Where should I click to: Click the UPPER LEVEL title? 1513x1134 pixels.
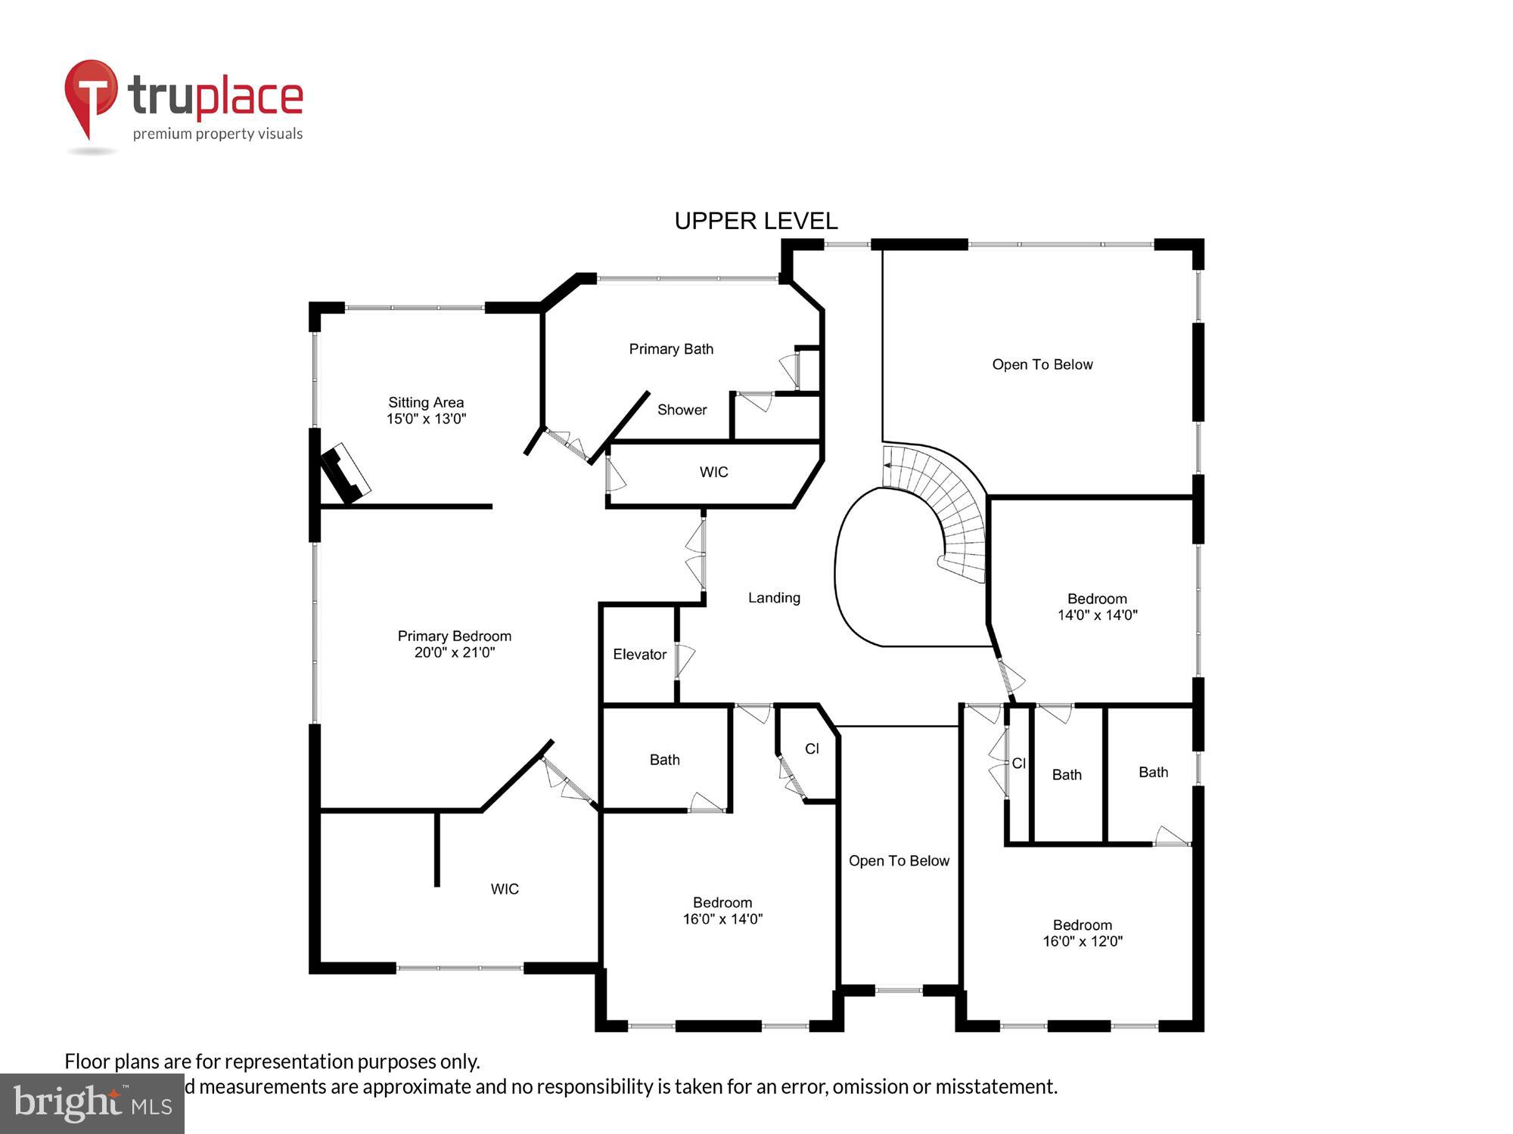pos(756,221)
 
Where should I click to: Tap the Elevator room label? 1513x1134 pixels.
pos(639,655)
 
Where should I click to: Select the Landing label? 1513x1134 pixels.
pos(774,598)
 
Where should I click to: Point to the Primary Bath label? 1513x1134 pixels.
pos(671,349)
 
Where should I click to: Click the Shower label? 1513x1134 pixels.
pos(682,410)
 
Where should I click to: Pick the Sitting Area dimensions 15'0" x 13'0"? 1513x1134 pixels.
pos(426,419)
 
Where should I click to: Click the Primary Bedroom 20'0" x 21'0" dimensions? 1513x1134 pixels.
pos(454,652)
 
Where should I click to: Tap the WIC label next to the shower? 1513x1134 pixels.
pos(713,472)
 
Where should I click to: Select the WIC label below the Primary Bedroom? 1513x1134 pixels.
pos(505,889)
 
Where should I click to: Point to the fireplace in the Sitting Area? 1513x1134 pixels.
pos(345,473)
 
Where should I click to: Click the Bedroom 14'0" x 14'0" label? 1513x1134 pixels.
pos(1097,607)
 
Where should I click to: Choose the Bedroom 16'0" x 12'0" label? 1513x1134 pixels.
pos(1083,934)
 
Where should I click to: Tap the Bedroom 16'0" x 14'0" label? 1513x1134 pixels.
pos(722,911)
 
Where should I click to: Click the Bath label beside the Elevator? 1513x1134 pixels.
pos(664,760)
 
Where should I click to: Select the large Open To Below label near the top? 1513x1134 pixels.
pos(1042,364)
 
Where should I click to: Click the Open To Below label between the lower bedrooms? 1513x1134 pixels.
pos(899,861)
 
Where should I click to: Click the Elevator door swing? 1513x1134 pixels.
pos(685,661)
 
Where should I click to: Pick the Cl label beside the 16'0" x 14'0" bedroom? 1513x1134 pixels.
pos(812,748)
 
